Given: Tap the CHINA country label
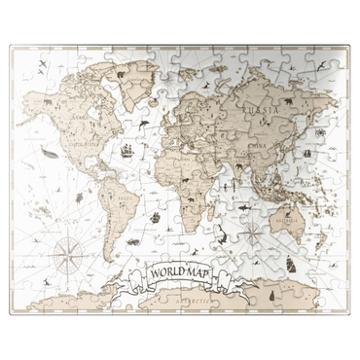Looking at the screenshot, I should [258, 148].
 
